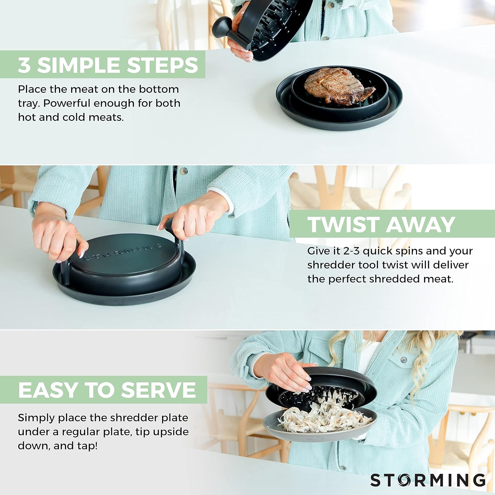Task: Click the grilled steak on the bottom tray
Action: pos(338,86)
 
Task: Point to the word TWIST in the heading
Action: pos(343,225)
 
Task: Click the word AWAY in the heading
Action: pos(420,225)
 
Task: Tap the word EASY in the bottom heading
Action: pos(48,390)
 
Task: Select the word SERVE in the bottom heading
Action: pos(158,390)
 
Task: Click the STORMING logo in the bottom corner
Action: pos(428,480)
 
